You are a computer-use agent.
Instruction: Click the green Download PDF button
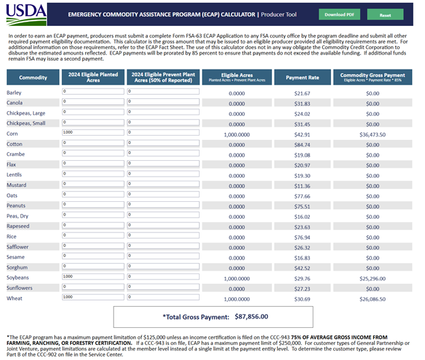coord(339,14)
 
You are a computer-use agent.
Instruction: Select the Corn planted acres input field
coord(93,132)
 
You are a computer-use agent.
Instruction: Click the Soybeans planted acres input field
coord(93,277)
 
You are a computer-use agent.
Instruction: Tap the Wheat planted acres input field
coord(93,297)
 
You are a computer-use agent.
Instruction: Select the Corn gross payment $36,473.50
coord(372,135)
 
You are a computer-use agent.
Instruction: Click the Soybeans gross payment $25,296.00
coord(372,278)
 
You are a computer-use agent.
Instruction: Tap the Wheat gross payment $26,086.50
coord(372,299)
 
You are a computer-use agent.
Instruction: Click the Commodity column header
coord(33,78)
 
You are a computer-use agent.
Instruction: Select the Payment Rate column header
coord(302,78)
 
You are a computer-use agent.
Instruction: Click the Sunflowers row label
coord(20,288)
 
